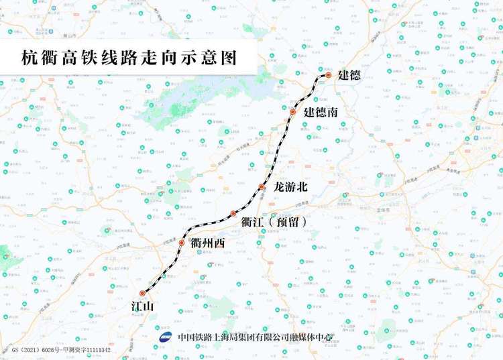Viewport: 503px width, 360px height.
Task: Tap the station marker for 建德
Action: tap(329, 76)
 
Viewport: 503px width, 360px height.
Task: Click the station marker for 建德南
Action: tap(293, 112)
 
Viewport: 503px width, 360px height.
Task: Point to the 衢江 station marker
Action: tap(233, 214)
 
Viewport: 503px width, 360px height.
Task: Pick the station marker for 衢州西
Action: tap(182, 243)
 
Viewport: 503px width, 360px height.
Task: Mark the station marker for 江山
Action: tap(142, 293)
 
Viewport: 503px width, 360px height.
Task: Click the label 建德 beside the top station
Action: tap(349, 75)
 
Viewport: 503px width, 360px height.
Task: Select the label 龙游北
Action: tap(294, 186)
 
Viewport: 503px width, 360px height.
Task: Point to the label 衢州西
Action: tap(208, 243)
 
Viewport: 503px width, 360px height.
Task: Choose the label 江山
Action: tap(143, 307)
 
